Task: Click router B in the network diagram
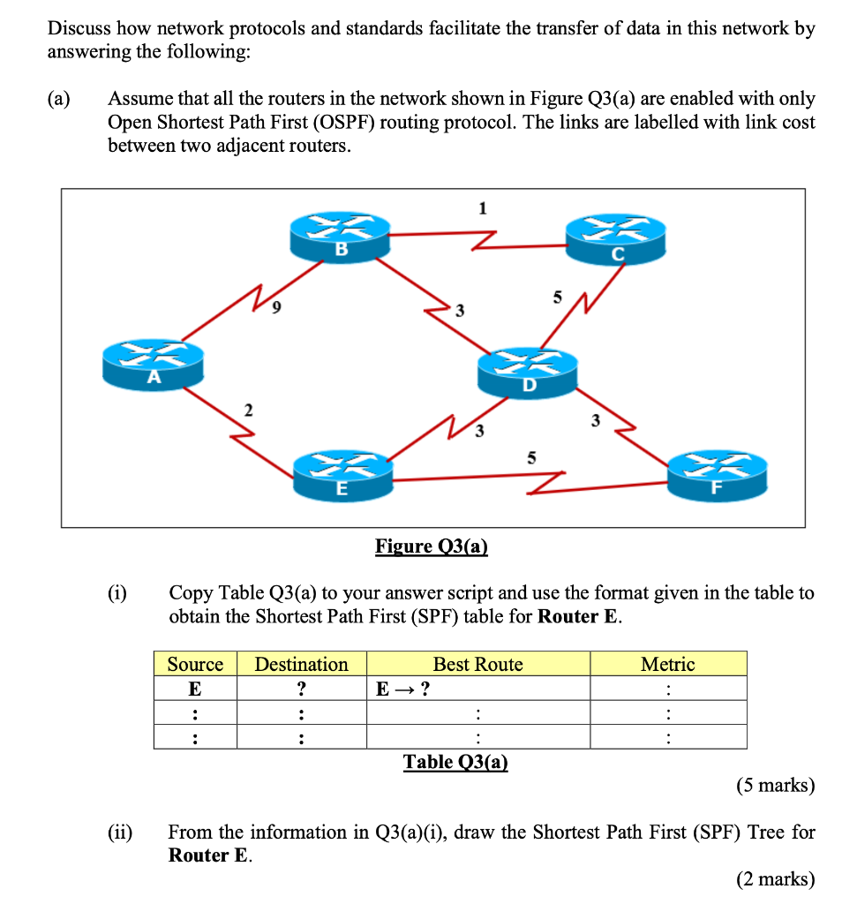click(x=341, y=237)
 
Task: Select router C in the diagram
click(x=616, y=240)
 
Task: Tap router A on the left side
click(x=153, y=364)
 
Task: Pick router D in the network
click(x=528, y=371)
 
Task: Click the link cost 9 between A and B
click(x=277, y=308)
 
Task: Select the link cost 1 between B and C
click(x=482, y=208)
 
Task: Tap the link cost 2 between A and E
click(x=248, y=409)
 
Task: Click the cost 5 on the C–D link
click(x=557, y=298)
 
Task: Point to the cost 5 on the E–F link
click(x=530, y=456)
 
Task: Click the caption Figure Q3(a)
click(x=432, y=546)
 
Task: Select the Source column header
click(x=195, y=664)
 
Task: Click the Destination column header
click(x=301, y=664)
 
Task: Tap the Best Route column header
click(x=477, y=664)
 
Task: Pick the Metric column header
click(x=668, y=664)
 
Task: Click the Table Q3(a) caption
click(x=455, y=761)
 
